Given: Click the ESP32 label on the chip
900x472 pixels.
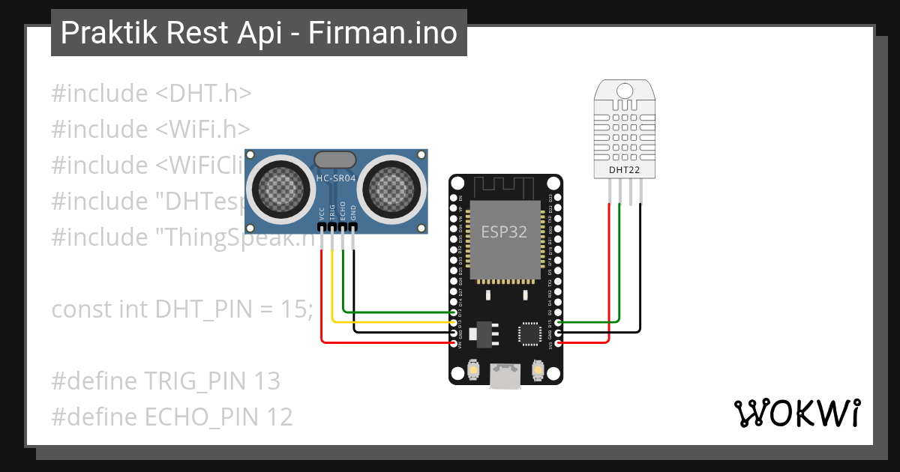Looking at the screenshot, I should pos(503,232).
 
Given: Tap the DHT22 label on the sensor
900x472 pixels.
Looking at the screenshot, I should pos(624,171).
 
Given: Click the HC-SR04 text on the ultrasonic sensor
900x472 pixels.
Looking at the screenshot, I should pos(334,178).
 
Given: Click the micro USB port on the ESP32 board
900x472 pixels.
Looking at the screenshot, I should pos(505,375).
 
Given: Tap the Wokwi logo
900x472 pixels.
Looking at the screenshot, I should pos(797,412).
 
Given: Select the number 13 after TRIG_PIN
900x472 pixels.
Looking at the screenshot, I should pos(266,381).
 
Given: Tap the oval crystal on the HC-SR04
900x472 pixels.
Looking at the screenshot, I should pos(334,159).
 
